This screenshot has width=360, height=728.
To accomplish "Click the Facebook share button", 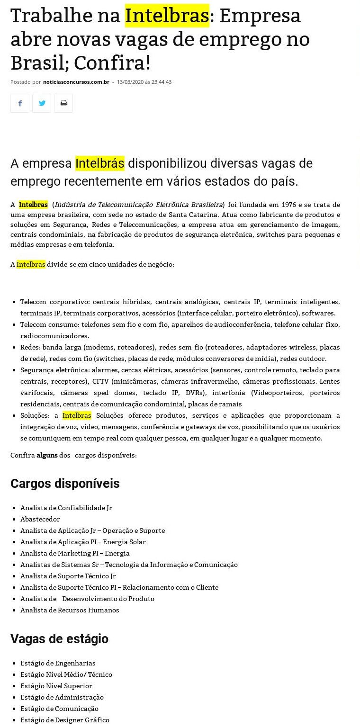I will (20, 103).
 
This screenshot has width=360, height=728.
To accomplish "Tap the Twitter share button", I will (42, 103).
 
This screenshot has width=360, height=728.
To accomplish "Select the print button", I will (63, 103).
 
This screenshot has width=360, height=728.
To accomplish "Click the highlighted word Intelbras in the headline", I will (167, 16).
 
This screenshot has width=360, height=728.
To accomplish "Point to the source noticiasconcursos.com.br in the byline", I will (76, 82).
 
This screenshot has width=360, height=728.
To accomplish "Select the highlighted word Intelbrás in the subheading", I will (99, 163).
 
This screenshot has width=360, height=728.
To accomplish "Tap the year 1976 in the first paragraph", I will (288, 205).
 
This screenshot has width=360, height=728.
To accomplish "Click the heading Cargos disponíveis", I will (65, 484).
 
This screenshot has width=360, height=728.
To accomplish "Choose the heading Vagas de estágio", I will (59, 639).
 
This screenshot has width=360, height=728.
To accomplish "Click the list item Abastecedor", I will (40, 519).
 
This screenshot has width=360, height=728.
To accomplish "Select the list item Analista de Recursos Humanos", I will (70, 610).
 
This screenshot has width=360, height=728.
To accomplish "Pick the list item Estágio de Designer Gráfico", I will (65, 720).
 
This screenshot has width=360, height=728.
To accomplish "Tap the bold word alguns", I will (47, 455).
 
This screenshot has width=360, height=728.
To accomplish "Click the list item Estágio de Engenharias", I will (58, 663).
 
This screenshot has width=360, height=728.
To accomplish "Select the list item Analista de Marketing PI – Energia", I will (75, 553).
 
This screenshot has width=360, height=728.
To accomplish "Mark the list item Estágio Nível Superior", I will (56, 686).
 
